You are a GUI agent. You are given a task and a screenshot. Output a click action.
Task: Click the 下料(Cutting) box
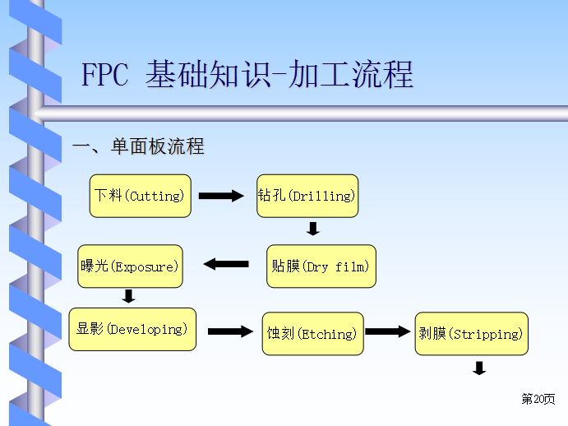[x=140, y=196]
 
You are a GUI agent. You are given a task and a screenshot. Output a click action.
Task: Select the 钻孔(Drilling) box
[x=307, y=196]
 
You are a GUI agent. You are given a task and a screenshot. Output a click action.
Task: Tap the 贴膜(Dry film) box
[x=321, y=266]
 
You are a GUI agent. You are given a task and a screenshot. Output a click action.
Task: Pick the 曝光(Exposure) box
[x=128, y=266]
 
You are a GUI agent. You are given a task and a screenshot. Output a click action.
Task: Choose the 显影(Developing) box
[x=132, y=329]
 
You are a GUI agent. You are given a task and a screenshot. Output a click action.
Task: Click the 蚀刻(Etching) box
[x=312, y=334]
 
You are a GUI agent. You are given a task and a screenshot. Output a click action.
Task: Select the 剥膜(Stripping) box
[x=471, y=334]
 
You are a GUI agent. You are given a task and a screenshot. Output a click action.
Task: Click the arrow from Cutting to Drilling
[x=222, y=196]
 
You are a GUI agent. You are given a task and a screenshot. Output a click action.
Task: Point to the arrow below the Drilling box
[x=313, y=229]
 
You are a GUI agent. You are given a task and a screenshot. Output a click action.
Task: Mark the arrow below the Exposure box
[x=128, y=296]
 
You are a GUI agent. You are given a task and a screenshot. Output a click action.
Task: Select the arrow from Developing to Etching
[x=230, y=331]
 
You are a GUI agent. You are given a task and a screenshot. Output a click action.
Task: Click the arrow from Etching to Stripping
[x=387, y=331]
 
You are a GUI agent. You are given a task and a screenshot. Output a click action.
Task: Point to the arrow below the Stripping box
[x=479, y=368]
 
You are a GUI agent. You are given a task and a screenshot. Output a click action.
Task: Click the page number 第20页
[x=538, y=400]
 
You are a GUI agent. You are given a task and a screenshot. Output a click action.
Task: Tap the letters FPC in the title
[x=104, y=76]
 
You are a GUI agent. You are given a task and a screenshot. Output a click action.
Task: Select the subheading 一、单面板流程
[x=138, y=147]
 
